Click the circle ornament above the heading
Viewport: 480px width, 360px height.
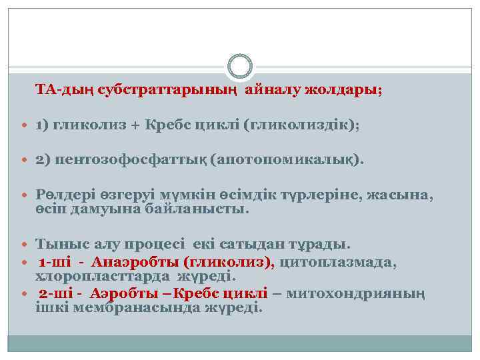[x=240, y=67]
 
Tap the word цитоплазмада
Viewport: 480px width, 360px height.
[x=339, y=262]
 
